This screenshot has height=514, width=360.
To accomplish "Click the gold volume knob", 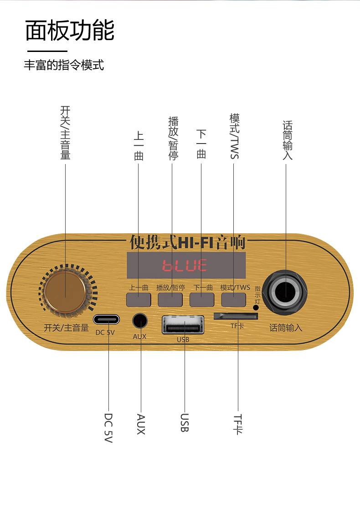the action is (65, 292).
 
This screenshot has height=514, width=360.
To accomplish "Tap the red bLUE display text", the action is (185, 265).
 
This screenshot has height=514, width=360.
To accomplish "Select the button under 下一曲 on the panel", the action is (201, 300).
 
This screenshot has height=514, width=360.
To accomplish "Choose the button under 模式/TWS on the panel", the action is (233, 300).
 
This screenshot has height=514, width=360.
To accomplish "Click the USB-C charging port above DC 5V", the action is (106, 319).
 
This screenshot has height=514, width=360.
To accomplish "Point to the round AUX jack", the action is (140, 321).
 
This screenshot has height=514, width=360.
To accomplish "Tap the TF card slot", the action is (236, 316).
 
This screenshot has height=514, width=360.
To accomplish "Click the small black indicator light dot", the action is (256, 308).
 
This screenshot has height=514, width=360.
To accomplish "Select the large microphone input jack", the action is (285, 291).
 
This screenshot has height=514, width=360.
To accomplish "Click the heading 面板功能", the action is (70, 31).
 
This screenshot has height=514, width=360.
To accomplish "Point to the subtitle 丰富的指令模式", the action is (64, 65).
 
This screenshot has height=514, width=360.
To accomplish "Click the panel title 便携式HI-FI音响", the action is (188, 242).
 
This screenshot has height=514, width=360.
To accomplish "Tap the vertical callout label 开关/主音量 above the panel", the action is (65, 133).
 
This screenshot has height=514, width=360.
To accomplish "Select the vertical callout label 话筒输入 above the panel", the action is (287, 140).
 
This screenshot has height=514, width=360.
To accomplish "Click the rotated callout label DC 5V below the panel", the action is (108, 428).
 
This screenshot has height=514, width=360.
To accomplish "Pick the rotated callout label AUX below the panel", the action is (141, 424).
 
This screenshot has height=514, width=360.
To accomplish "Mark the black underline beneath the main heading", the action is (47, 51).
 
